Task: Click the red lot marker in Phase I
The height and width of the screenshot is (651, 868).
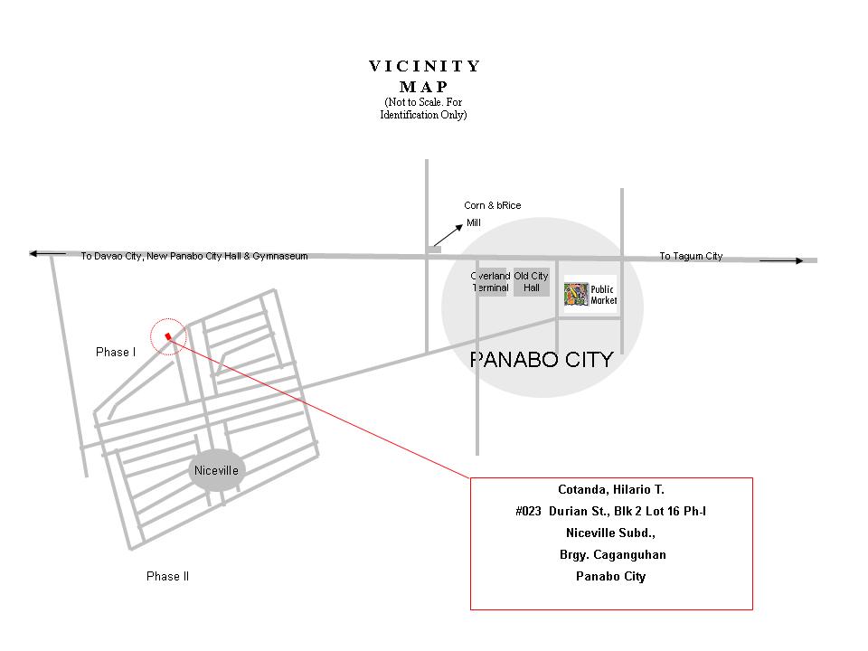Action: (168, 336)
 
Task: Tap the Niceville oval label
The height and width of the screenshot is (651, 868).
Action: (216, 470)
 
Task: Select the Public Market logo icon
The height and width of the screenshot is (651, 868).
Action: (576, 295)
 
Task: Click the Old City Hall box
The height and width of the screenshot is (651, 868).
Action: (531, 282)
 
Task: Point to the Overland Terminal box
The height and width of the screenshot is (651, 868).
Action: (491, 282)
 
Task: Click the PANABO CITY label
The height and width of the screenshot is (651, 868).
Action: (542, 360)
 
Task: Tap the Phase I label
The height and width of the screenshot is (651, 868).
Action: (115, 352)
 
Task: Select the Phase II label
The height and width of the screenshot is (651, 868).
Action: (167, 576)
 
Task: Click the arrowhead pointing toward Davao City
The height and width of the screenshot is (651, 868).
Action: (34, 254)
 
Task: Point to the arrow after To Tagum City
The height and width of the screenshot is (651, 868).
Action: (781, 260)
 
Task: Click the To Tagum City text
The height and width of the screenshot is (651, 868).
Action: (691, 256)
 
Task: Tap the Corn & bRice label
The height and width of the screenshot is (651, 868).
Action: (493, 205)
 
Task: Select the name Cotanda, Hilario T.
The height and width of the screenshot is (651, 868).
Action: (610, 490)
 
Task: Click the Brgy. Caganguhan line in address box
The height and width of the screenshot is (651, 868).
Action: (612, 555)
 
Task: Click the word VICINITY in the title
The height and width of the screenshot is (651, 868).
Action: (425, 66)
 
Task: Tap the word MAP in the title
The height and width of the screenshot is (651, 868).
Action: (424, 87)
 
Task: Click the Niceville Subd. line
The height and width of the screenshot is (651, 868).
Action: (610, 533)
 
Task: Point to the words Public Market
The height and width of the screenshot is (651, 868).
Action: (603, 295)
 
